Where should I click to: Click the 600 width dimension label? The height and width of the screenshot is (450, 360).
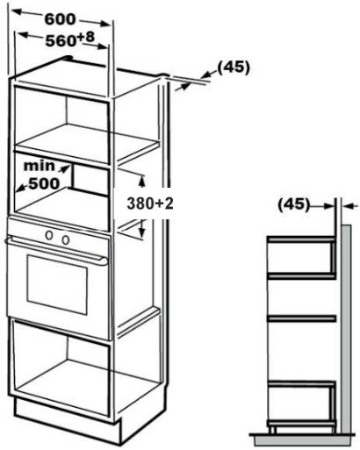point(60,19)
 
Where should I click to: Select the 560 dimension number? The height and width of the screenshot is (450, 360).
point(61,41)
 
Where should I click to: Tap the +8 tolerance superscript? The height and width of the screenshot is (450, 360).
point(86,37)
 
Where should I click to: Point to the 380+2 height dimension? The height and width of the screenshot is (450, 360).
point(150,204)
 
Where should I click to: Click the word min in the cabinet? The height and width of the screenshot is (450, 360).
point(39,166)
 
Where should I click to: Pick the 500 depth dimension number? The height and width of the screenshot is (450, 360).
point(44,183)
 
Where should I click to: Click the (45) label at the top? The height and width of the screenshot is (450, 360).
point(234,68)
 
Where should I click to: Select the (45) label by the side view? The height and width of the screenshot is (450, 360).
point(293,204)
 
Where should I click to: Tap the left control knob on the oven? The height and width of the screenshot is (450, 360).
point(49,234)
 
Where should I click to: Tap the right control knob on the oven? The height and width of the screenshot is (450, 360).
point(66,239)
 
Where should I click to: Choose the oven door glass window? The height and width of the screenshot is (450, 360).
point(57,284)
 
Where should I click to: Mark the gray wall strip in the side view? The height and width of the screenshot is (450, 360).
point(347,329)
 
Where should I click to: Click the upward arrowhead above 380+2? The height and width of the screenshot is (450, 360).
point(142,181)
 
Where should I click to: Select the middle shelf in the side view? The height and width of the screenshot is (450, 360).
point(302,318)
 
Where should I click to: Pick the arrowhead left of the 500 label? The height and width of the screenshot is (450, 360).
point(21,189)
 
